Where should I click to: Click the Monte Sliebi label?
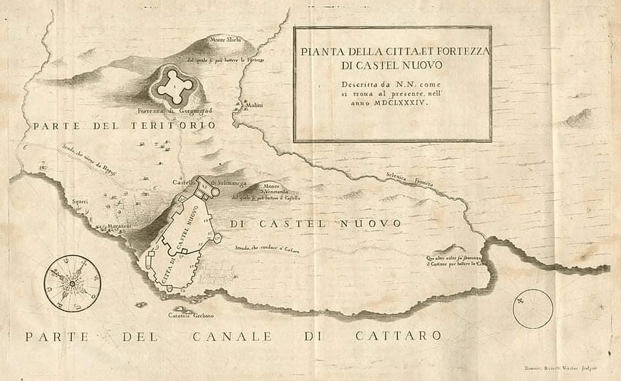224,39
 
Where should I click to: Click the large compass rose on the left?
72,283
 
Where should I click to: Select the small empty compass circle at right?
532,309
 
